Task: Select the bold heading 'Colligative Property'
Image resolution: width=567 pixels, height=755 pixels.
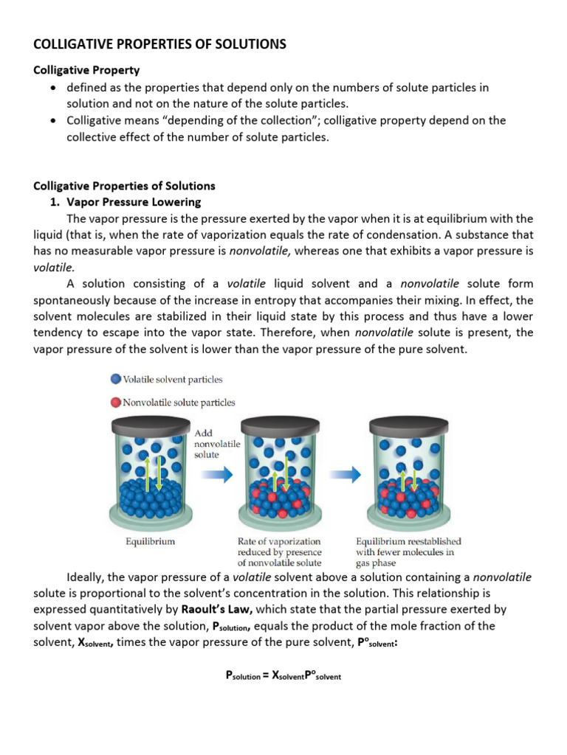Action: click(x=86, y=71)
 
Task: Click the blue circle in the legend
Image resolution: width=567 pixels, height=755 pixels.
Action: click(x=115, y=380)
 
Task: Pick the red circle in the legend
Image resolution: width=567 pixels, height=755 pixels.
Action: click(x=115, y=403)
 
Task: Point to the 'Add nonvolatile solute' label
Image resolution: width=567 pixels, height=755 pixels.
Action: click(x=215, y=445)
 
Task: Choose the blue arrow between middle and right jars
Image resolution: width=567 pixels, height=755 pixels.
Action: click(x=342, y=476)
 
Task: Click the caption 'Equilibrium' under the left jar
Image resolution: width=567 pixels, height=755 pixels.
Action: click(x=150, y=541)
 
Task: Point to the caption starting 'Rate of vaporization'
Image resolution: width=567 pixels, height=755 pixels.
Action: click(x=279, y=552)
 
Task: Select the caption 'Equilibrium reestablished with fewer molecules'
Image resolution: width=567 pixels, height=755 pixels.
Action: click(x=408, y=552)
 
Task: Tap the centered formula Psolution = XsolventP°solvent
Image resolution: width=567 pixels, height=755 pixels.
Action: click(x=283, y=675)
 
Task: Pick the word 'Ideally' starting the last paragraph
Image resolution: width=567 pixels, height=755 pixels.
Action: click(x=87, y=577)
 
